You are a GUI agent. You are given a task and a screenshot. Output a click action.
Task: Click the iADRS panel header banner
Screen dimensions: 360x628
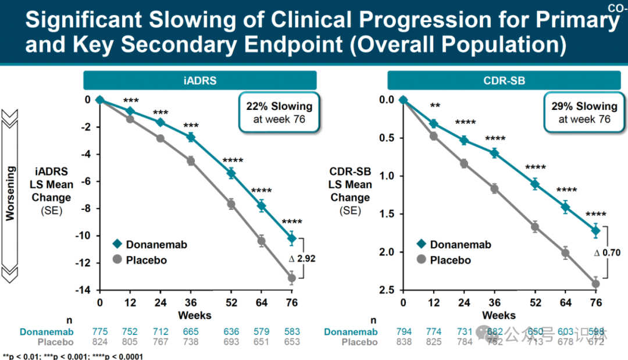coord(199,81)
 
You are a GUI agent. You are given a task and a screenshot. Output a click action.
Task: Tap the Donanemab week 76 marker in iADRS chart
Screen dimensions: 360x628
coord(292,238)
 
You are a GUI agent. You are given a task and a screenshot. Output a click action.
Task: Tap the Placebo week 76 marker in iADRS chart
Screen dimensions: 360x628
coord(292,278)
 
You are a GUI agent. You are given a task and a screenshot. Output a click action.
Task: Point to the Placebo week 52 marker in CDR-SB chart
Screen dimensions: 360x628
coord(535,227)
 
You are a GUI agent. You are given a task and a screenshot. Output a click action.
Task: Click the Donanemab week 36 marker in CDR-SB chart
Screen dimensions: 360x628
coord(494,153)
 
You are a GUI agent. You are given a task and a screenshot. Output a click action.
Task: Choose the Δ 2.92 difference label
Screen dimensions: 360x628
coord(302,259)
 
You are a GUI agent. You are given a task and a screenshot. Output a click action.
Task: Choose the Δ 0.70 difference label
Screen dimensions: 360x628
coord(607,253)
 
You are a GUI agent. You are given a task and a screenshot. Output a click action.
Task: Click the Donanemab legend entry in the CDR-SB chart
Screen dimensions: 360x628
coord(454,245)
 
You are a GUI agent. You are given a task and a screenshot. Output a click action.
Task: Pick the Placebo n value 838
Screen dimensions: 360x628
coord(403,342)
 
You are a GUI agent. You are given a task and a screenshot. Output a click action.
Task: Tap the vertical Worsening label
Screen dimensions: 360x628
coord(10,192)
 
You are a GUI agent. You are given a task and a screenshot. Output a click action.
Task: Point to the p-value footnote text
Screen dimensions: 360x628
coord(73,356)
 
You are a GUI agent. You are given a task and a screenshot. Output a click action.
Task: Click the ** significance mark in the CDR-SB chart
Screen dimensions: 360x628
coord(434,106)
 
